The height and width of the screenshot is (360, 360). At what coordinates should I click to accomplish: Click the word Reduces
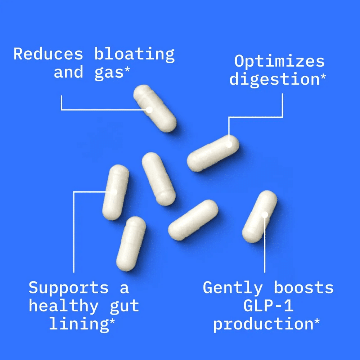pos(48,54)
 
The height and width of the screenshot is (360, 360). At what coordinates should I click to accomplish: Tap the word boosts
pos(304,288)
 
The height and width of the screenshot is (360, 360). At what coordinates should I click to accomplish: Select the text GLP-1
pos(268,306)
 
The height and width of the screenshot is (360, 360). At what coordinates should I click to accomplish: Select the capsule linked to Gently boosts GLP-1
pos(260,216)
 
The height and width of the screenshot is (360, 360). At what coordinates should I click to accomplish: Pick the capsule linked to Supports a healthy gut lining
pos(116,192)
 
